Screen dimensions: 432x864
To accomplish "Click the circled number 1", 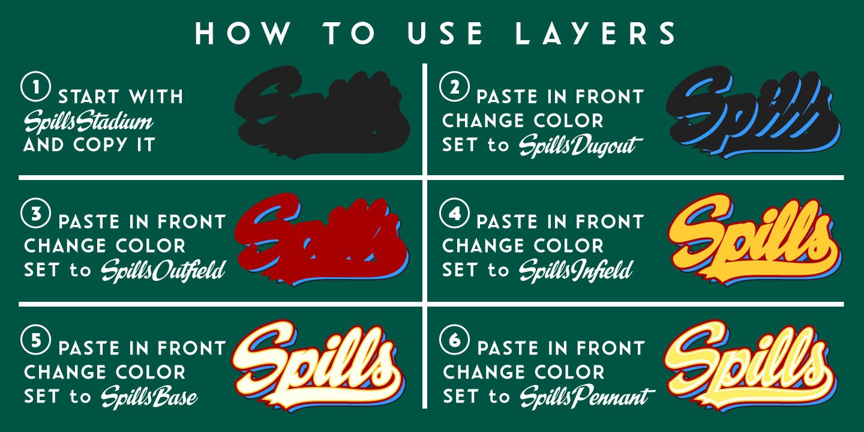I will pos(35,88).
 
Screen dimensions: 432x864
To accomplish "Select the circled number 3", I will pos(35,214).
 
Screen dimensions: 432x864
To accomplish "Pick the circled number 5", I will pos(35,340).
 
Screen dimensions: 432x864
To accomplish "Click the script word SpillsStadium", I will pos(88,122).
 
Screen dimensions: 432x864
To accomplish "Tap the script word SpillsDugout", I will pos(580,146).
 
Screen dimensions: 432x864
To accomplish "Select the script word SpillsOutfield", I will pos(163,271).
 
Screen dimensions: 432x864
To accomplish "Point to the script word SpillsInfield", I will pos(575,271).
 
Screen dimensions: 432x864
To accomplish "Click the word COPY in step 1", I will pos(113,145).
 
